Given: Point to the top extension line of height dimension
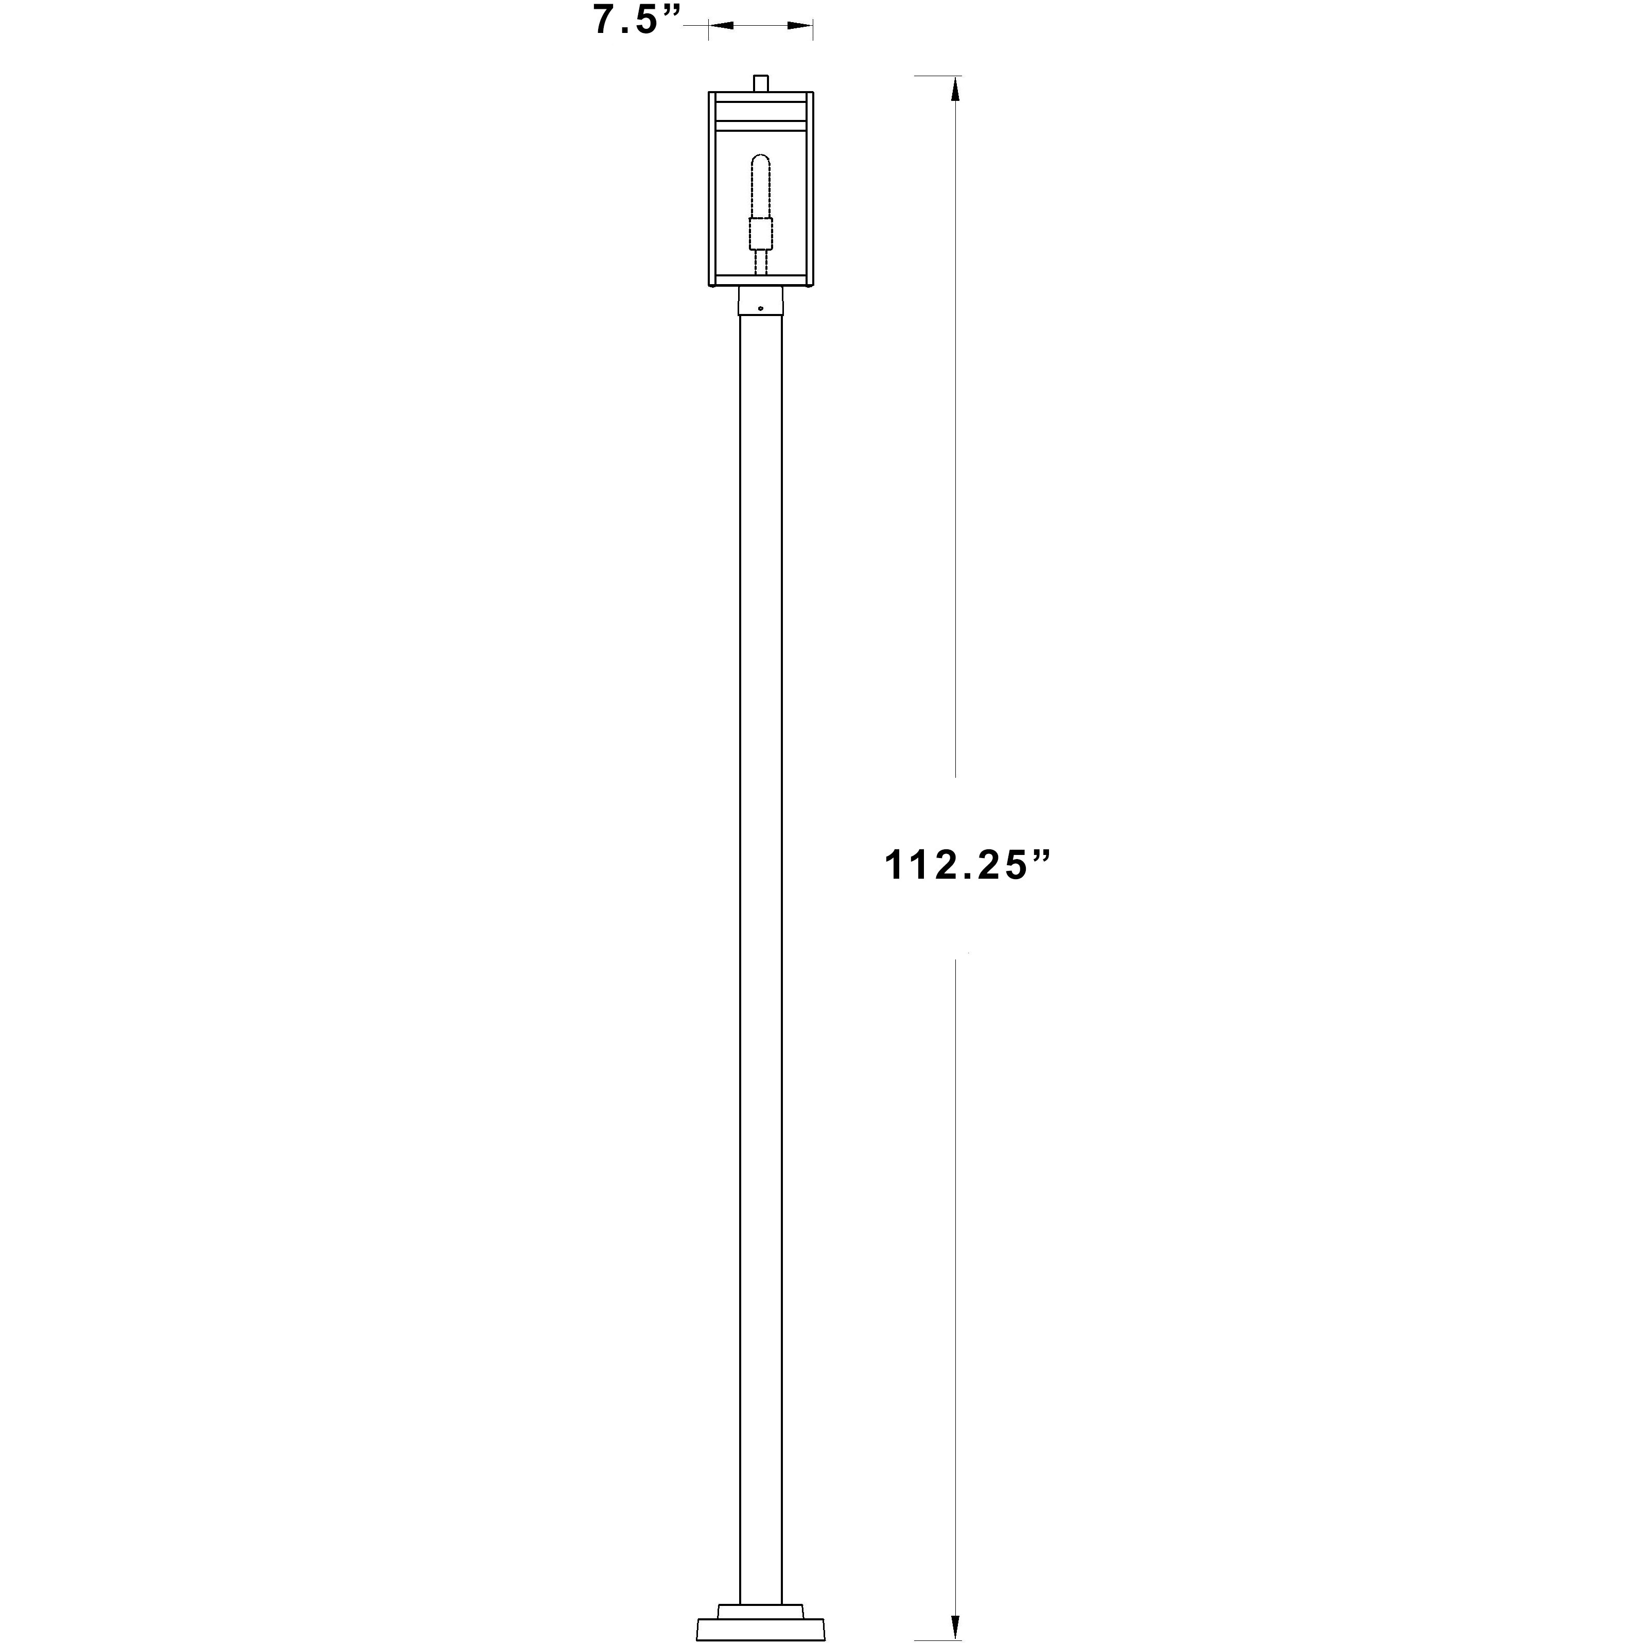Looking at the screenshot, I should (x=935, y=76).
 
